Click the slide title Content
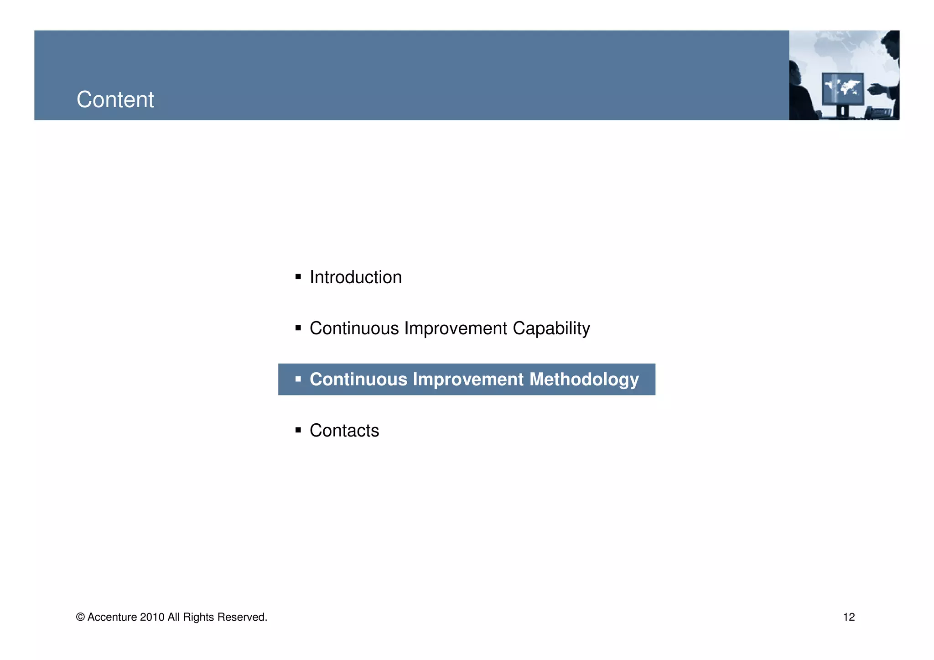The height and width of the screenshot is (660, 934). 115,99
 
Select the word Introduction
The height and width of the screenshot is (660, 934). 355,277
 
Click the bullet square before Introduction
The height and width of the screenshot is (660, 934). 298,276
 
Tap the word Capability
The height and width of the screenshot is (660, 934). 551,328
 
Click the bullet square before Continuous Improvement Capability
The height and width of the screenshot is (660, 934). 298,327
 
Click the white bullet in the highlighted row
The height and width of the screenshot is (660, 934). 298,379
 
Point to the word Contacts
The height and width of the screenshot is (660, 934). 344,431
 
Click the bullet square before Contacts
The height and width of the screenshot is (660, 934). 298,430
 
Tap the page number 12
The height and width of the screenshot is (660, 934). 849,617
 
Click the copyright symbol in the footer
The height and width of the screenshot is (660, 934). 80,617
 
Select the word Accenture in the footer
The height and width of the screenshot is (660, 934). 112,617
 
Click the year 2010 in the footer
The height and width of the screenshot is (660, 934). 152,617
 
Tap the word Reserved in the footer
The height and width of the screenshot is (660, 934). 242,617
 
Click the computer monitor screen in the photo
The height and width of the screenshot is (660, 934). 843,88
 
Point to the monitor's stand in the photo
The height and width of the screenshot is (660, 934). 842,111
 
